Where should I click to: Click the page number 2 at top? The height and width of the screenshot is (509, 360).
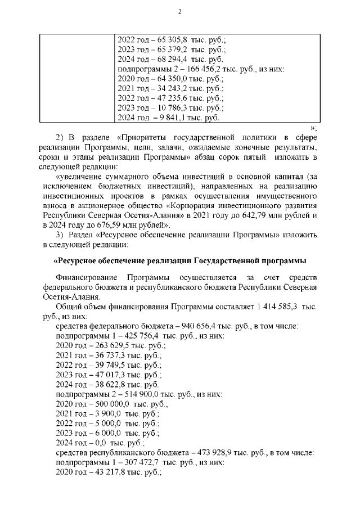pos(179,11)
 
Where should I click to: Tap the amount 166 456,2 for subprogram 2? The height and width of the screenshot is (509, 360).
pos(205,69)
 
